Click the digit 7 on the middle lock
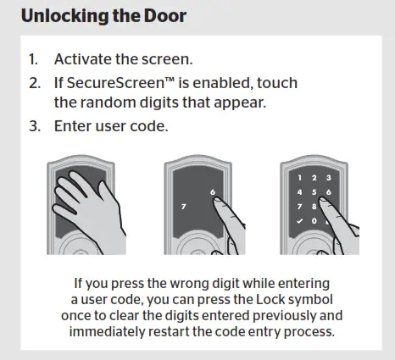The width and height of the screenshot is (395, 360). tap(181, 206)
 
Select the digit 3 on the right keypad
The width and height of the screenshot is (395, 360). tap(325, 178)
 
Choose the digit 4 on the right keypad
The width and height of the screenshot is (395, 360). tap(298, 192)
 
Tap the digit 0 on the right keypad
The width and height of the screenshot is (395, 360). tap(312, 222)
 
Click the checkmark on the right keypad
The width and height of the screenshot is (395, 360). tap(298, 222)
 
